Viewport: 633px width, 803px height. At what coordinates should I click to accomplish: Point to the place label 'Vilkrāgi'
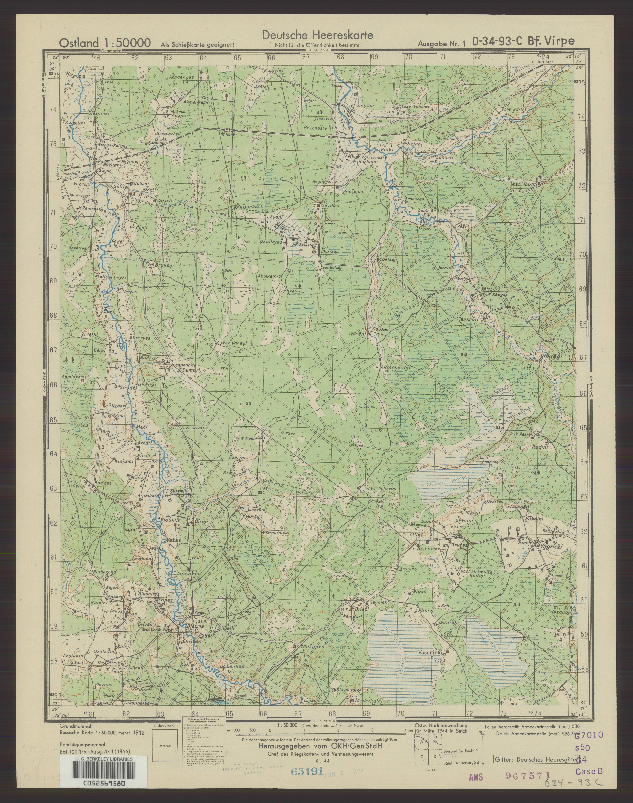552,355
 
